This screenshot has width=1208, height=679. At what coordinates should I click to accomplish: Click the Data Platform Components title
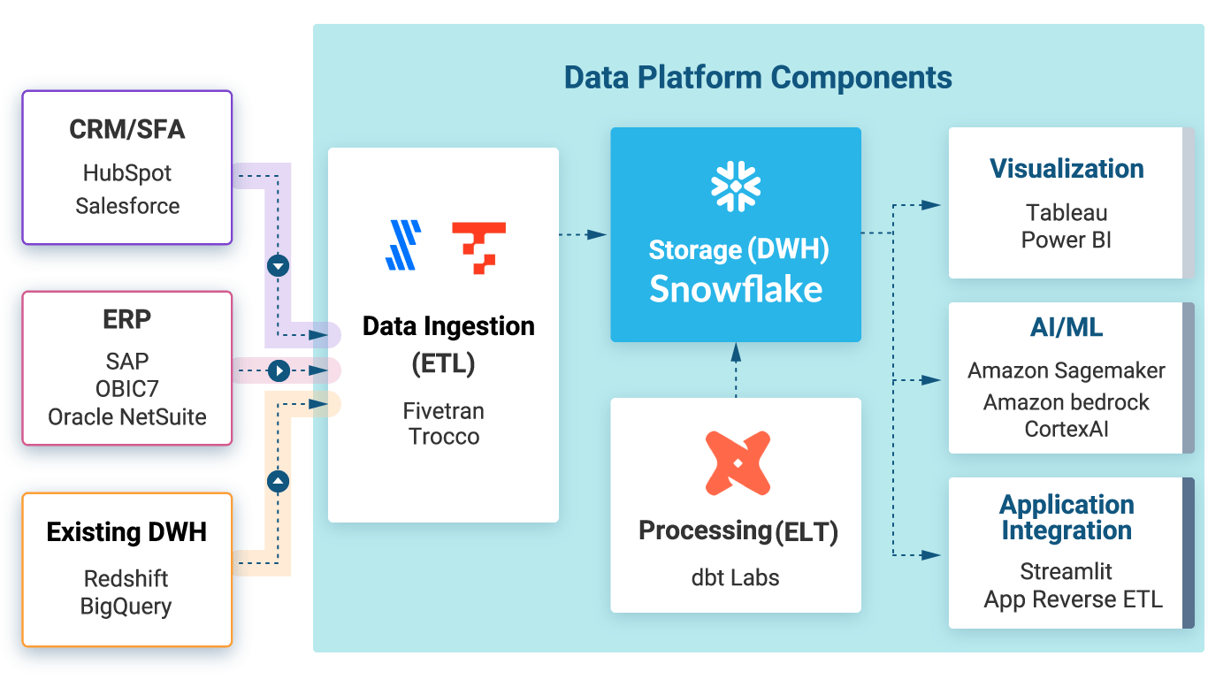(758, 78)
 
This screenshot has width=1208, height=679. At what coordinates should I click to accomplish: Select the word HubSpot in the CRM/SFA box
(127, 172)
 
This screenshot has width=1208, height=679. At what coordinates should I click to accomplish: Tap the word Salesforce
(127, 206)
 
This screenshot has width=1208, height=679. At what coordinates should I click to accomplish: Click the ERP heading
(127, 319)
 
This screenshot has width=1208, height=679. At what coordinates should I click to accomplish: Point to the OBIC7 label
(127, 389)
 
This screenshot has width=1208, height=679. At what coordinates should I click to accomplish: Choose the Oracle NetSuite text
(127, 416)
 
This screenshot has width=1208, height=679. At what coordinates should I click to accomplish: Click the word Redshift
(126, 579)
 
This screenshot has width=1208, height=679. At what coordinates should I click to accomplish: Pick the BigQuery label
(126, 607)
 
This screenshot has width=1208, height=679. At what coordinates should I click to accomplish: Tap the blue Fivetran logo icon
(403, 245)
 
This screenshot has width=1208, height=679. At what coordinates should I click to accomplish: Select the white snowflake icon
(736, 187)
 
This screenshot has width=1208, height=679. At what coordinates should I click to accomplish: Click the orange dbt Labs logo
(738, 462)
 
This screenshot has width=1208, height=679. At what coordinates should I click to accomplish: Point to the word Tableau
(1067, 213)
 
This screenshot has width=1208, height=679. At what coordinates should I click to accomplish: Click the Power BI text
(1067, 240)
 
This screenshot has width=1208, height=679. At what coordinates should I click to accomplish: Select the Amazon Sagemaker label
(1067, 371)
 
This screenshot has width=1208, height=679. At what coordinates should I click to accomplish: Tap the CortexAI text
(1067, 429)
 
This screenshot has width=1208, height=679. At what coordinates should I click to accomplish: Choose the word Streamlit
(1067, 571)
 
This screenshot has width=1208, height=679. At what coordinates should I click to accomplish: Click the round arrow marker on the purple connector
(279, 265)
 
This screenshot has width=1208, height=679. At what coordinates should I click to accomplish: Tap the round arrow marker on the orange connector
(279, 482)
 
